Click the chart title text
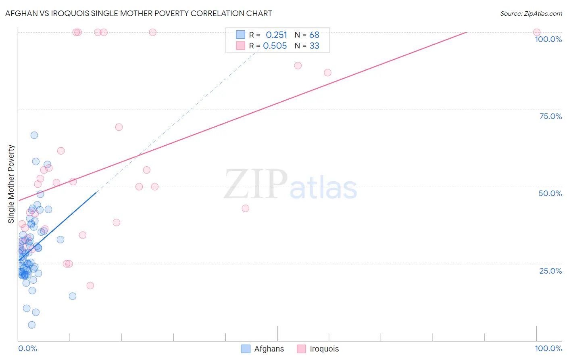coord(138,13)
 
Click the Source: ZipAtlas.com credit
coord(531,14)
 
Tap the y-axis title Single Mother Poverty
coord(11,184)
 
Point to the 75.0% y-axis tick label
coord(550,116)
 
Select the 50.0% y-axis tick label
coord(550,193)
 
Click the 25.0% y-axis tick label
coord(550,271)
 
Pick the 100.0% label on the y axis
coord(548,39)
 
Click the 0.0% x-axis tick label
coord(27,348)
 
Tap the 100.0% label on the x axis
coord(548,348)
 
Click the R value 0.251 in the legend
coord(276,35)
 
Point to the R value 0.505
coord(275,46)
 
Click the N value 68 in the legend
coord(314,35)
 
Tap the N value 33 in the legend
coord(314,46)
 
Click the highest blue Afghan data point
coord(34,135)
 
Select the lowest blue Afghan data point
coord(32,325)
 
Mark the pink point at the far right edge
coord(537,32)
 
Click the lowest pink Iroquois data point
coord(90,285)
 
